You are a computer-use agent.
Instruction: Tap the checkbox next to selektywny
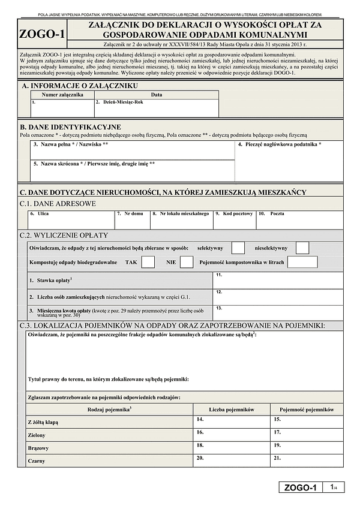coord(238,248)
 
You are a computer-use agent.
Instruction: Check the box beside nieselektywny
coord(302,248)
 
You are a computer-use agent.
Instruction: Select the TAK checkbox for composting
coord(148,262)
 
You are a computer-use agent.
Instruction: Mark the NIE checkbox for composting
coord(187,262)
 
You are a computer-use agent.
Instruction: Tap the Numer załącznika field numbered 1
coord(62,108)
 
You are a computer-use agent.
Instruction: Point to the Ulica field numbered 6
coord(71,219)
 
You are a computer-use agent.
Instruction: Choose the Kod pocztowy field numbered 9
coord(233,219)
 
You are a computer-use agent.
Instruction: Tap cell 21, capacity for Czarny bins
coord(307,461)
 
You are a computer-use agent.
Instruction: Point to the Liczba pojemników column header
coord(232,409)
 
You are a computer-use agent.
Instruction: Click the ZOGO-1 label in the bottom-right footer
coord(301,487)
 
